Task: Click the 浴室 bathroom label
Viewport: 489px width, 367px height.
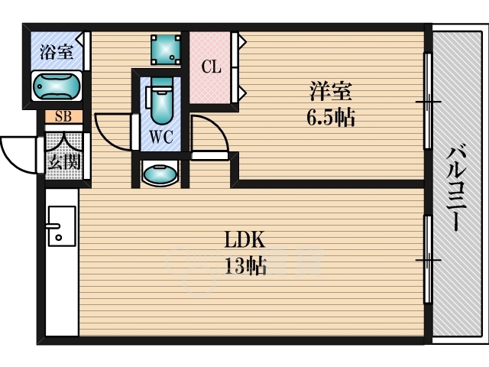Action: (57, 52)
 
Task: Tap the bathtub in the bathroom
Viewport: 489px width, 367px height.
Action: (57, 86)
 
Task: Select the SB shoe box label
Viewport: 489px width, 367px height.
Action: (63, 116)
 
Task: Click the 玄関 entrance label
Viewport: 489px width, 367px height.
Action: (64, 161)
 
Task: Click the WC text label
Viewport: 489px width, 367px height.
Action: (161, 137)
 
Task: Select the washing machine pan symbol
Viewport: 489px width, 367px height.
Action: (166, 50)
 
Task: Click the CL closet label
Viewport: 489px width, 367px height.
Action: (211, 67)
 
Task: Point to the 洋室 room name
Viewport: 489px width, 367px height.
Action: (331, 91)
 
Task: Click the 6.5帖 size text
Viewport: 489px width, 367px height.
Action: (331, 118)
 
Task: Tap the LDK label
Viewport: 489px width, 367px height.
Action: (244, 239)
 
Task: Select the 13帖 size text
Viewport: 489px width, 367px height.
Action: (245, 266)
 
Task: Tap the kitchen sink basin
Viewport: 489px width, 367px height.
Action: (62, 226)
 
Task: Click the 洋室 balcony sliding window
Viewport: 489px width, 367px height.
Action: (428, 101)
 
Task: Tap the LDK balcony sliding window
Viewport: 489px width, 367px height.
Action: (428, 259)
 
